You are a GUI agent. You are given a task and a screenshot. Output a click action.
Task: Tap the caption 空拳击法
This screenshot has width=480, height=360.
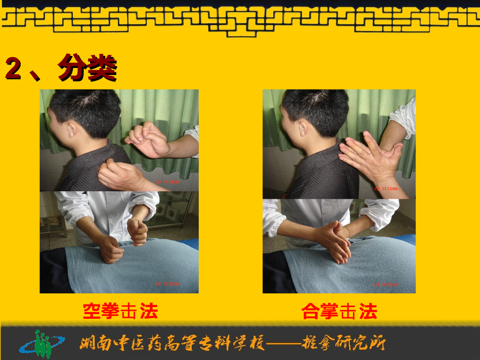click(120, 311)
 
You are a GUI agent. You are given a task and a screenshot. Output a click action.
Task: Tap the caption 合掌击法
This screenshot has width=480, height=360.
click(339, 311)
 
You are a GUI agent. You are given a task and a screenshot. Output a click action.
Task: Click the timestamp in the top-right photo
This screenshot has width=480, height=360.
click(386, 188)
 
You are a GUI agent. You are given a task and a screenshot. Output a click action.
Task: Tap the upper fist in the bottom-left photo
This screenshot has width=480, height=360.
click(138, 230)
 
